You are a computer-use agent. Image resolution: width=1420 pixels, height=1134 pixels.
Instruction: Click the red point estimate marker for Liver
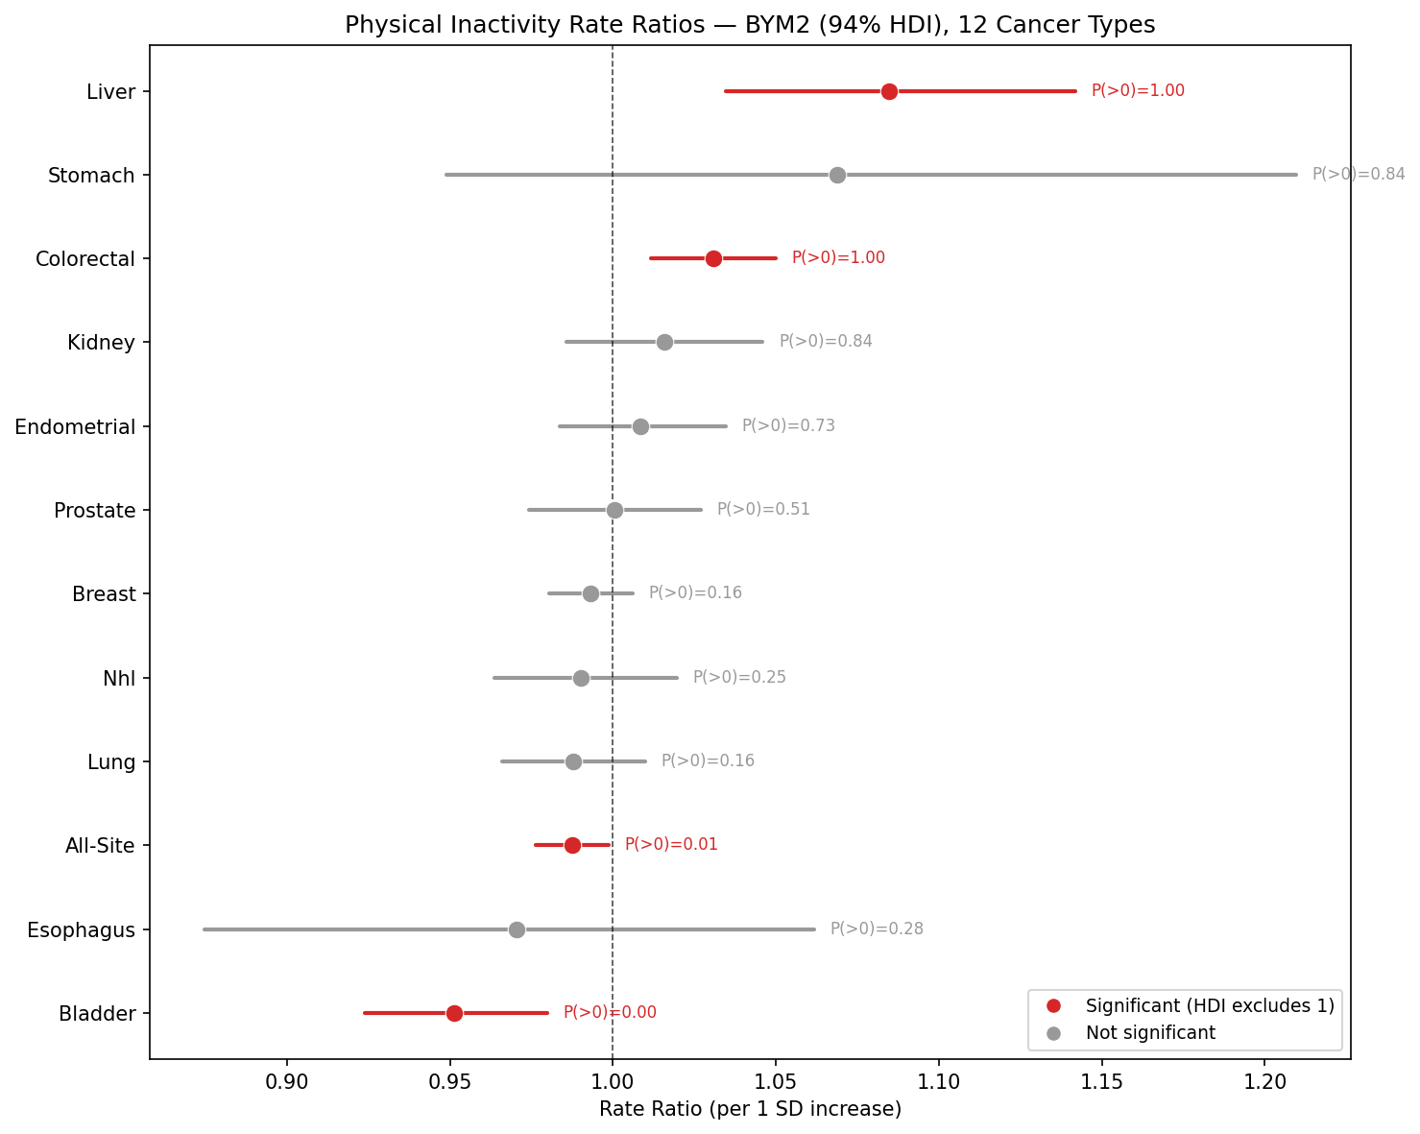click(889, 91)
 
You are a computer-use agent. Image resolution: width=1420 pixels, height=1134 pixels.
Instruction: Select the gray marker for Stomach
click(837, 175)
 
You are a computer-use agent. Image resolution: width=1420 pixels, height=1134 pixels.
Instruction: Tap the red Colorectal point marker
click(713, 258)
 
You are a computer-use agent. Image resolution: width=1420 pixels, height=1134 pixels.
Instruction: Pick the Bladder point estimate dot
click(454, 1013)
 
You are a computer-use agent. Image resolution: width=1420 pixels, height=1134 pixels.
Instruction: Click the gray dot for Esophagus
click(517, 929)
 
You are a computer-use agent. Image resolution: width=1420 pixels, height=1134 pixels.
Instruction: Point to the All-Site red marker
click(572, 845)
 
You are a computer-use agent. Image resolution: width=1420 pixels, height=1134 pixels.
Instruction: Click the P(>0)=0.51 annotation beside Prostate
click(763, 510)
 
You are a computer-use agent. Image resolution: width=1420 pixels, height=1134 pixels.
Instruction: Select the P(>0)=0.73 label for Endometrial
click(788, 425)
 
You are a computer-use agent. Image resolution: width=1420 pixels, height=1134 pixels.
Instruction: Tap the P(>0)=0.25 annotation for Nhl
click(739, 677)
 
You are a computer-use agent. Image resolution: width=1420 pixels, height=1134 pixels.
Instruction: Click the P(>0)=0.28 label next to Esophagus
click(877, 929)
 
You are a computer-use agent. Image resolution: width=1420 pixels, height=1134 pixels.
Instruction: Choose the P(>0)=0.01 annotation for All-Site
click(671, 845)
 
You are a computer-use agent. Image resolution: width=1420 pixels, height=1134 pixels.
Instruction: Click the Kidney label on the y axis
click(101, 343)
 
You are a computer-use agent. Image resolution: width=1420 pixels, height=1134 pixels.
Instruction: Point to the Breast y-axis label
click(104, 594)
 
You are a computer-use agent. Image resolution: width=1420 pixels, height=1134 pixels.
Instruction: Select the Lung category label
click(111, 762)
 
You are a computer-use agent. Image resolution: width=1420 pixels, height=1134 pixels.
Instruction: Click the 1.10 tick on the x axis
click(938, 1081)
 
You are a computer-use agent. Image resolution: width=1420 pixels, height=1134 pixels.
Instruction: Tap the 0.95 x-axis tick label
click(449, 1081)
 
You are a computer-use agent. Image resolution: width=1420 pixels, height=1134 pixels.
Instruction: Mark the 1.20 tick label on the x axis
click(1264, 1081)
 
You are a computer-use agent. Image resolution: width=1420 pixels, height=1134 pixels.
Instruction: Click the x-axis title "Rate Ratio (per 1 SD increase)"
click(750, 1110)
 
